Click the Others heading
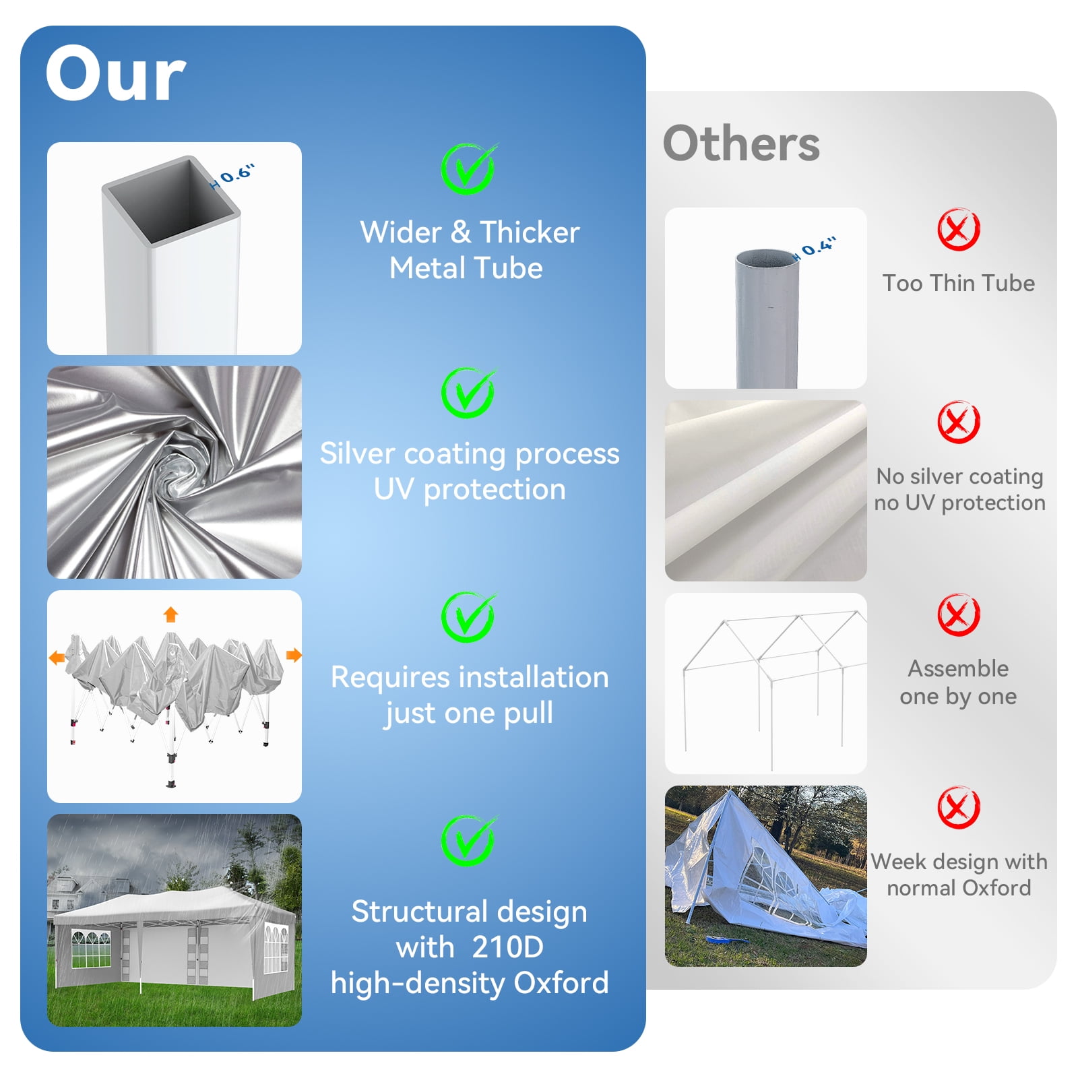(741, 144)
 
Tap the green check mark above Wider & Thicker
(468, 168)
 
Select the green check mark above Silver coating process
(468, 393)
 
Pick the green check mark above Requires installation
(468, 617)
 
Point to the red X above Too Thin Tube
(958, 229)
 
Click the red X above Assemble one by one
(958, 614)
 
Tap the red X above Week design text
(958, 807)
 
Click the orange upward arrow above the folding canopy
(170, 614)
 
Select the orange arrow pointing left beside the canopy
(57, 657)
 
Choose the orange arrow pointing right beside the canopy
(294, 655)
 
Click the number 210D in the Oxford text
(507, 947)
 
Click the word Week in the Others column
(898, 862)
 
